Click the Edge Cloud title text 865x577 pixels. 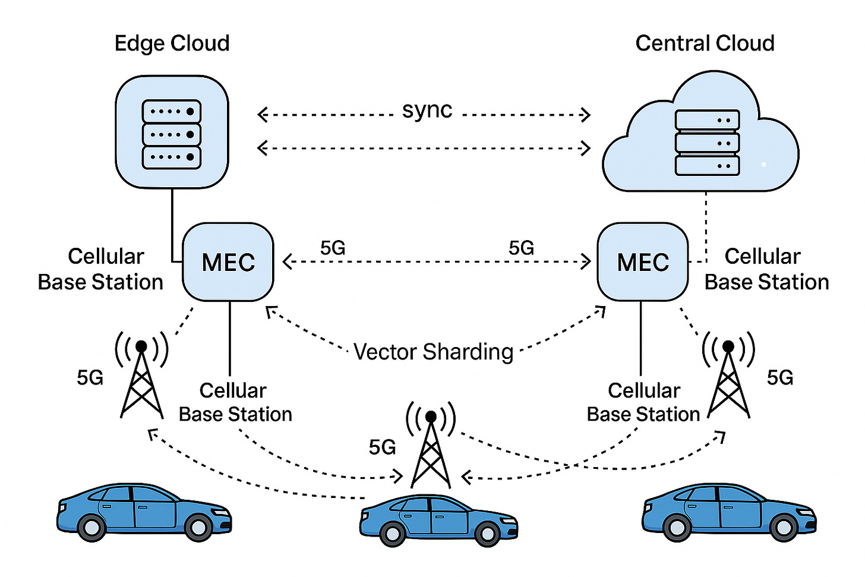[x=172, y=43]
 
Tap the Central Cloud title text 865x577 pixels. [x=705, y=43]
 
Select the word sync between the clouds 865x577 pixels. [x=427, y=111]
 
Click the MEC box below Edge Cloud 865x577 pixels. [x=228, y=262]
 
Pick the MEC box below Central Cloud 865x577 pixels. [x=643, y=262]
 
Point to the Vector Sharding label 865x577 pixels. [x=433, y=352]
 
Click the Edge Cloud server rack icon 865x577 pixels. [x=172, y=134]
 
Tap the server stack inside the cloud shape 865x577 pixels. [x=707, y=143]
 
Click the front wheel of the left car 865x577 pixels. [x=198, y=526]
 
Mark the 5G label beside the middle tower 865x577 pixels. [x=382, y=447]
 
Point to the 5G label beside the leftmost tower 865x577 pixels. [x=90, y=377]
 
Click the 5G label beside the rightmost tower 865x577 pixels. [x=780, y=377]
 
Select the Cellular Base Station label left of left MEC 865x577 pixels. [x=101, y=269]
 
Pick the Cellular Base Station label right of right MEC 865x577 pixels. [x=766, y=269]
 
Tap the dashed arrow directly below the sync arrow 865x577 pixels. [x=424, y=147]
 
